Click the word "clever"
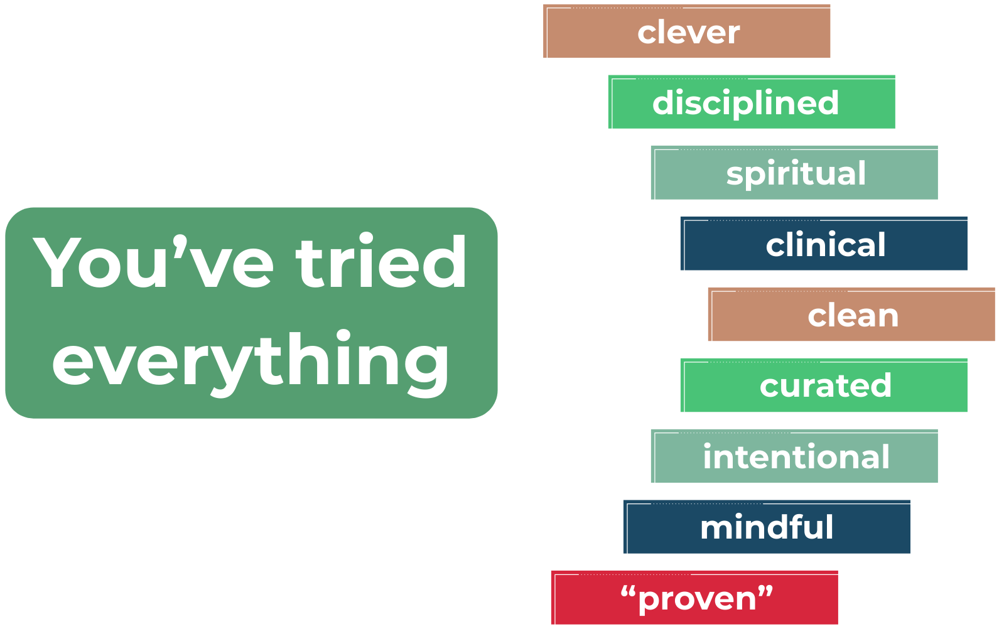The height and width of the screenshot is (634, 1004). pyautogui.click(x=688, y=33)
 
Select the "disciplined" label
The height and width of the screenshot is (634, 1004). pyautogui.click(x=745, y=103)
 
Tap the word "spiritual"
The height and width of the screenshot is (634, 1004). pyautogui.click(x=796, y=174)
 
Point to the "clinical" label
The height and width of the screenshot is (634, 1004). pyautogui.click(x=825, y=245)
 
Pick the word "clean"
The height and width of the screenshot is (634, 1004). pyautogui.click(x=853, y=316)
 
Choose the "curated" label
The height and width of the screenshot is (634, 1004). pyautogui.click(x=825, y=386)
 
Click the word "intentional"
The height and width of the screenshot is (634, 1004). pyautogui.click(x=796, y=457)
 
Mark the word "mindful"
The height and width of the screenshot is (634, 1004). pyautogui.click(x=767, y=527)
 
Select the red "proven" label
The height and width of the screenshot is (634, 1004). pyautogui.click(x=696, y=598)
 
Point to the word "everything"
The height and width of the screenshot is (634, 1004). pyautogui.click(x=251, y=361)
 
